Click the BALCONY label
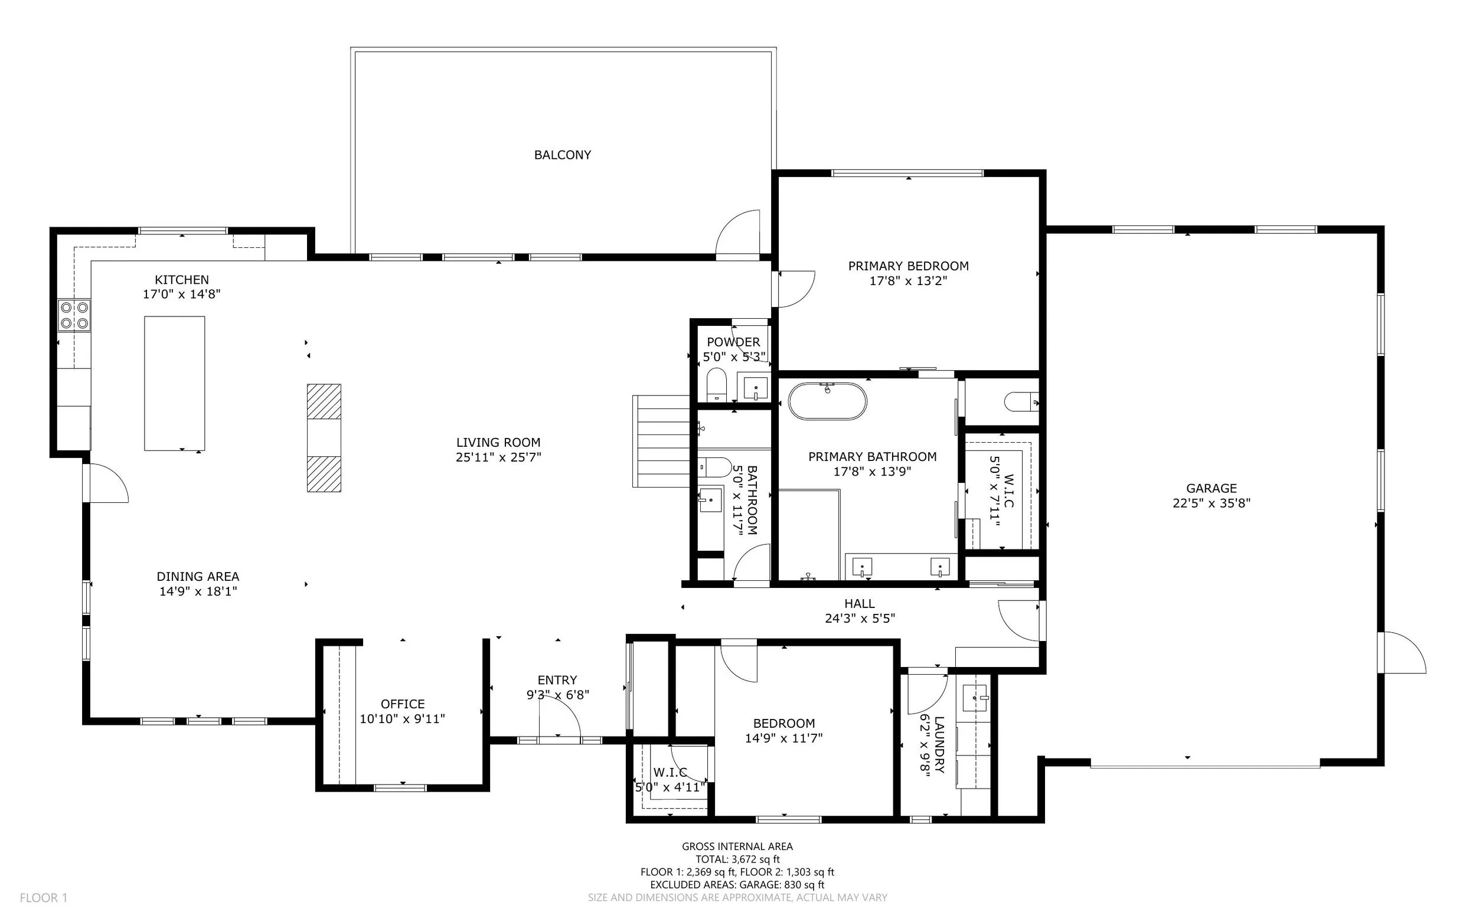(562, 155)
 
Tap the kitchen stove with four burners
(74, 315)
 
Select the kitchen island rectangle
(174, 383)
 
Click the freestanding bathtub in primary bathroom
(827, 401)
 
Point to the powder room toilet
(717, 384)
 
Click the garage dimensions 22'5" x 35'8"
(1212, 503)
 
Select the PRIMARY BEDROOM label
(907, 266)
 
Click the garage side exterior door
(1404, 653)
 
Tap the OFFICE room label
(403, 704)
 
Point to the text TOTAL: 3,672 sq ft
(737, 859)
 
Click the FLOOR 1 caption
(43, 898)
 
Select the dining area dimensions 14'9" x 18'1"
(198, 591)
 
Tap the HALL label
(859, 604)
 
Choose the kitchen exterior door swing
(107, 483)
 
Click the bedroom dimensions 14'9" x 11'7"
(783, 738)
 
